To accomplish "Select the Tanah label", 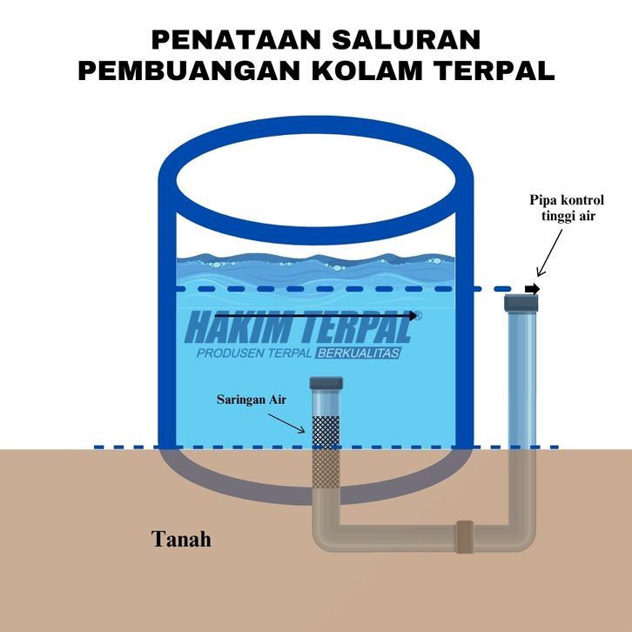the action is point(182,539).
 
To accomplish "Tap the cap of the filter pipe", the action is point(327,384).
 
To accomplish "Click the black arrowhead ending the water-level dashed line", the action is point(533,289).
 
